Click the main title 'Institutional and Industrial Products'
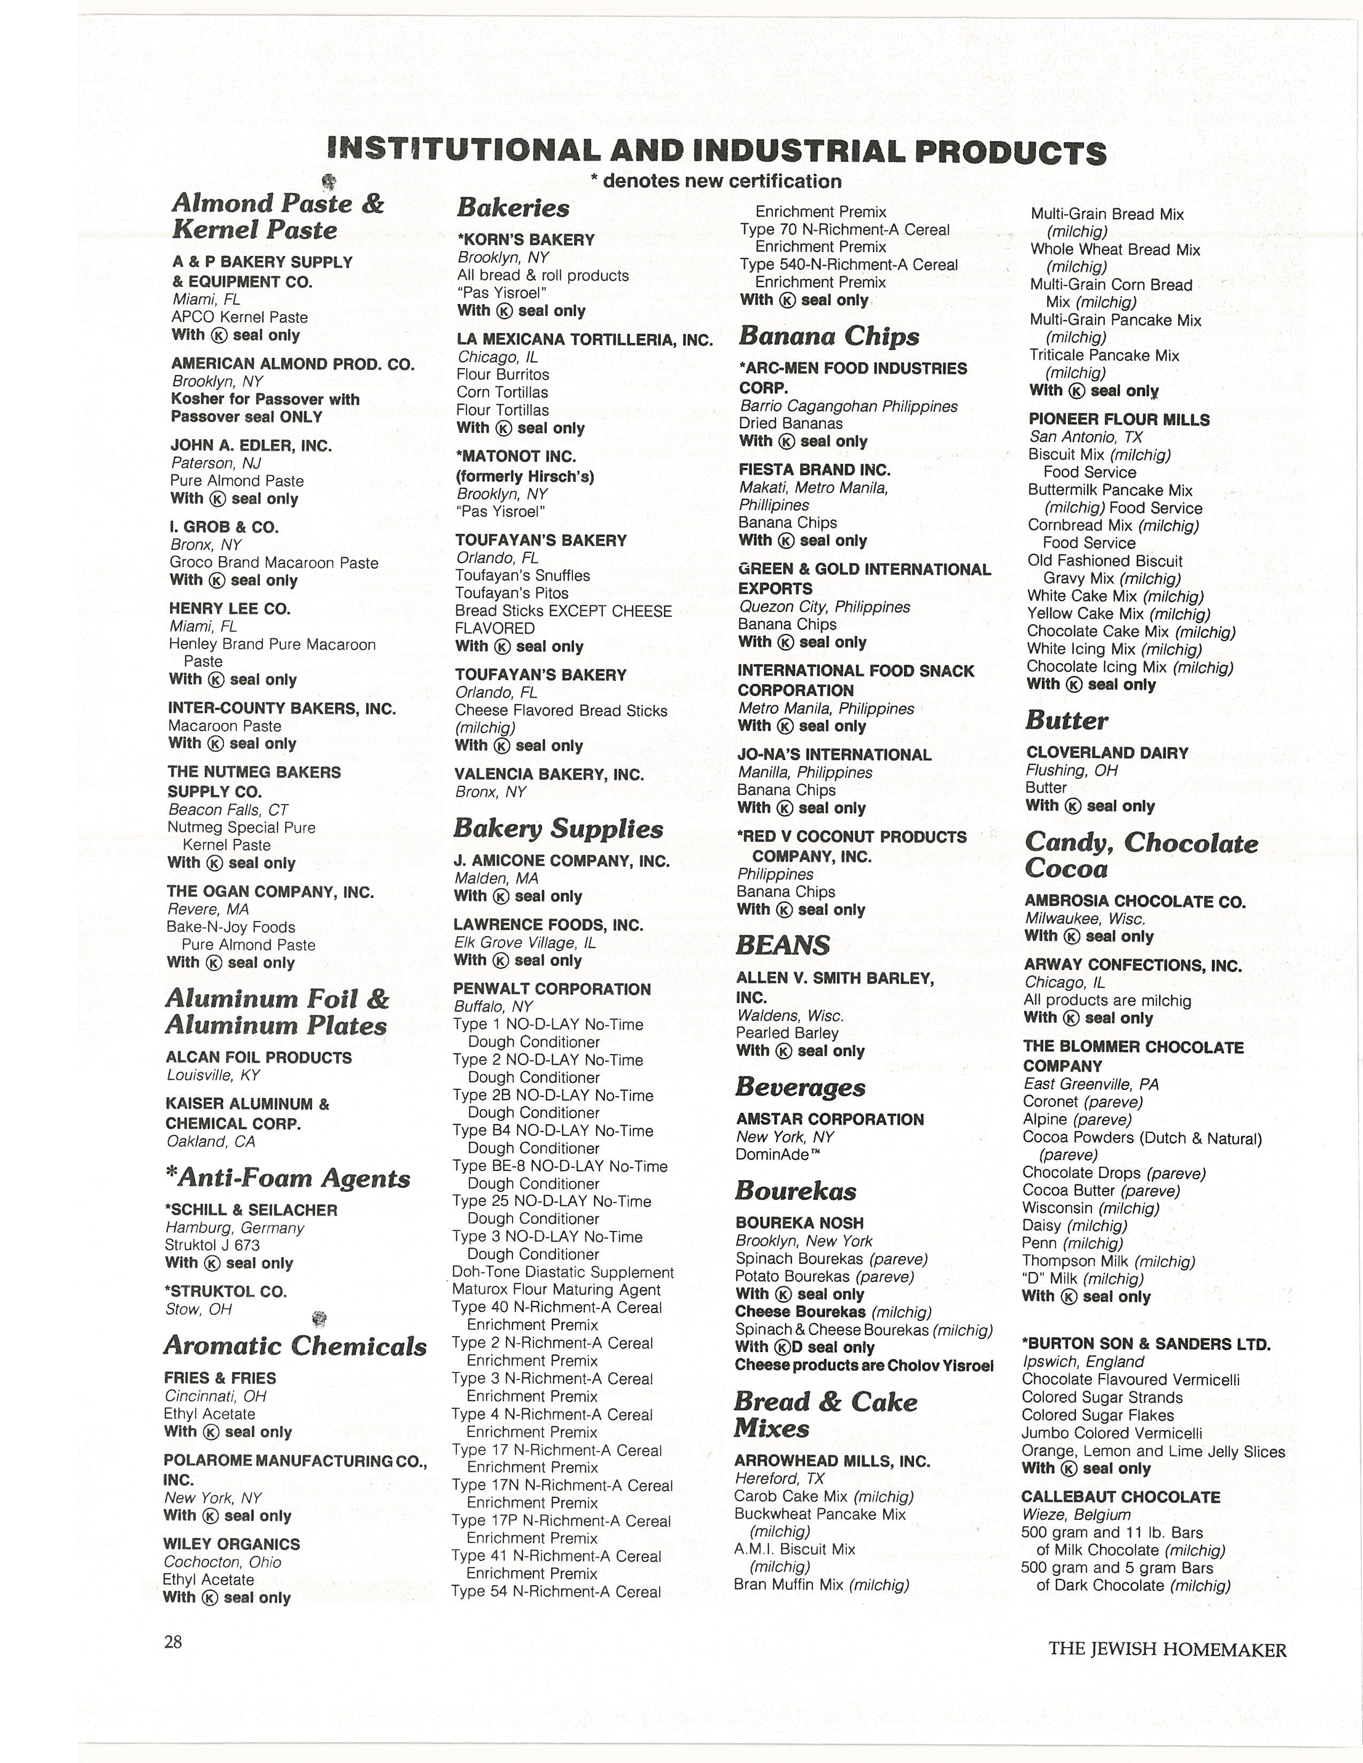pos(716,151)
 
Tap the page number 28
pos(173,1642)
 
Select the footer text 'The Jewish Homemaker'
pos(1167,1650)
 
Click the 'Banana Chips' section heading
pos(828,336)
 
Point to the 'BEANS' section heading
pos(783,945)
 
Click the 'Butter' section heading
pos(1067,721)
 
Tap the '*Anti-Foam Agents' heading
pos(288,1179)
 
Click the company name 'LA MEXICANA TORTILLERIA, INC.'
pos(585,340)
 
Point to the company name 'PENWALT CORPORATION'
pos(552,989)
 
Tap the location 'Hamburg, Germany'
pos(234,1228)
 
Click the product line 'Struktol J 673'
pos(212,1245)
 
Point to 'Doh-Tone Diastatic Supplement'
pos(563,1272)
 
